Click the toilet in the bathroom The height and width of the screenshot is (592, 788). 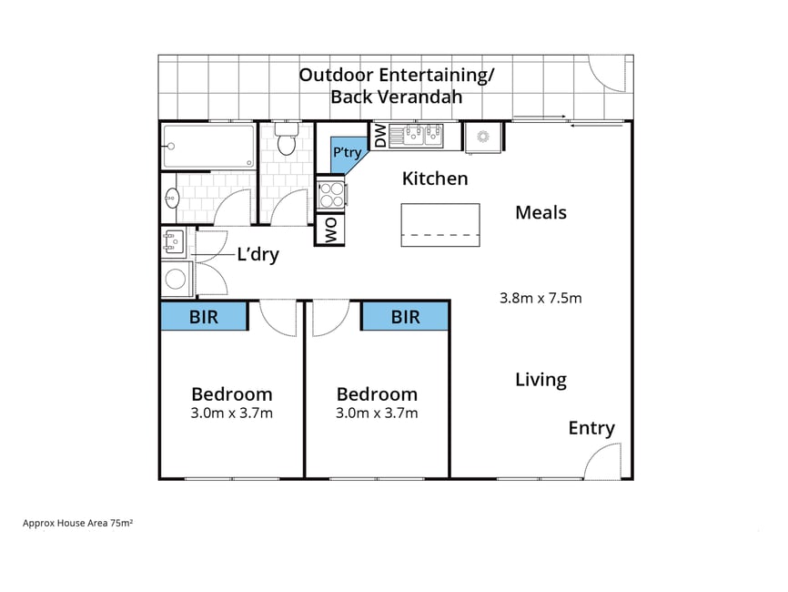pos(287,138)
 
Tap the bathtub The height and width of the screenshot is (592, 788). pos(208,147)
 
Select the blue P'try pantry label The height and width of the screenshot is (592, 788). pos(348,152)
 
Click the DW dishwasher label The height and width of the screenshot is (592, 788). pos(381,136)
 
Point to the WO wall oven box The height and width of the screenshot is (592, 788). pos(330,230)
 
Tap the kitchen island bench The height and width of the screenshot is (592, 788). pos(440,225)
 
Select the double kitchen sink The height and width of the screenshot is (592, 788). pos(416,136)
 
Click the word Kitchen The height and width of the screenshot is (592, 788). pos(435,179)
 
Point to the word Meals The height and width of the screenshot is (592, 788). pos(540,212)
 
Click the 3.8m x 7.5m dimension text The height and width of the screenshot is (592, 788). pos(540,298)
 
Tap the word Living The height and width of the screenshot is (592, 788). pos(540,380)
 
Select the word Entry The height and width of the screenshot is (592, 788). pos(591,429)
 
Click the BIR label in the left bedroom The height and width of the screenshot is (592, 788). pos(204,317)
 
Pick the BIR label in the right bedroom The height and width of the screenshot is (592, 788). pos(406,317)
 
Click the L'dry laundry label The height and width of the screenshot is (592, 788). pos(258,254)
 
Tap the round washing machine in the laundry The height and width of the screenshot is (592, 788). pos(176,279)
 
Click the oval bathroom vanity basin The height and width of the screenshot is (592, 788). pos(172,198)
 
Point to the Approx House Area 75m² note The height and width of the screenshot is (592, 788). pos(77,523)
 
